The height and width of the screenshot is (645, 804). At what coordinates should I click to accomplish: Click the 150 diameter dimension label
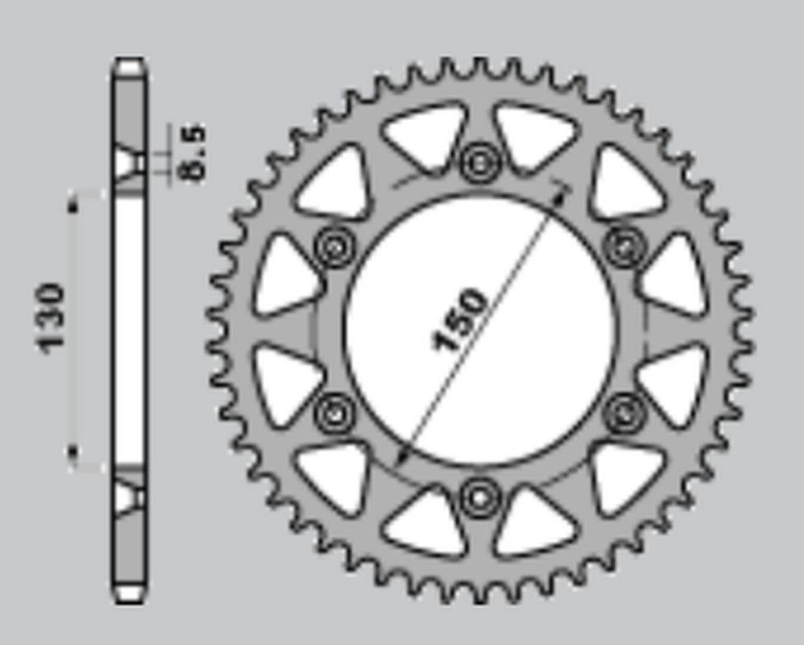459,321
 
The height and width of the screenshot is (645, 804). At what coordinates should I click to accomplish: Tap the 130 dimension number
52,318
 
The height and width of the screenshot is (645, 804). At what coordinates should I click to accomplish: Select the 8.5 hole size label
193,152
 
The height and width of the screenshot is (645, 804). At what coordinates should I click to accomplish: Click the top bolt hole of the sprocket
480,163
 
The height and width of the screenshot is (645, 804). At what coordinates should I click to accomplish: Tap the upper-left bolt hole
335,247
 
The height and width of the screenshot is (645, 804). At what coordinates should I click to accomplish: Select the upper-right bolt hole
625,247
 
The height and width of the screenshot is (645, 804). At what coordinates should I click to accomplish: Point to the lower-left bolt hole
335,413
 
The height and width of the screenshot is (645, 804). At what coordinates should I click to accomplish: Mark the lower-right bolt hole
625,413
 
